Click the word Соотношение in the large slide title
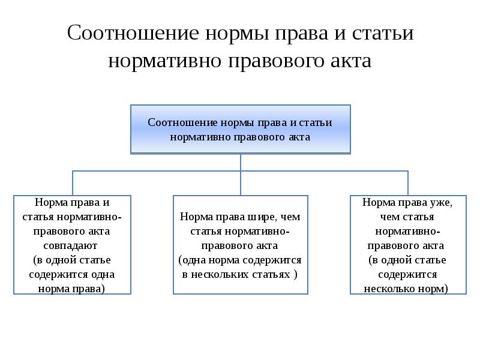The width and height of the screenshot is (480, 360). [133, 32]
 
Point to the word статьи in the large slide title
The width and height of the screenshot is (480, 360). [383, 33]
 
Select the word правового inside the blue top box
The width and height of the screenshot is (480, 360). [259, 137]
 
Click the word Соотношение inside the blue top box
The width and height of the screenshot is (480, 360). [183, 122]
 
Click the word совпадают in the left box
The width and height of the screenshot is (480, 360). [70, 246]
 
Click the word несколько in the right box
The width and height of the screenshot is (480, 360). [389, 289]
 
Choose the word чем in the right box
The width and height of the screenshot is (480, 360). [389, 217]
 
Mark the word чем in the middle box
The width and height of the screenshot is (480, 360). [290, 217]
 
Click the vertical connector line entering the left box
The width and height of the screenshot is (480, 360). [73, 183]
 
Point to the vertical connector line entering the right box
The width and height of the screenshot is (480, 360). [408, 183]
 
